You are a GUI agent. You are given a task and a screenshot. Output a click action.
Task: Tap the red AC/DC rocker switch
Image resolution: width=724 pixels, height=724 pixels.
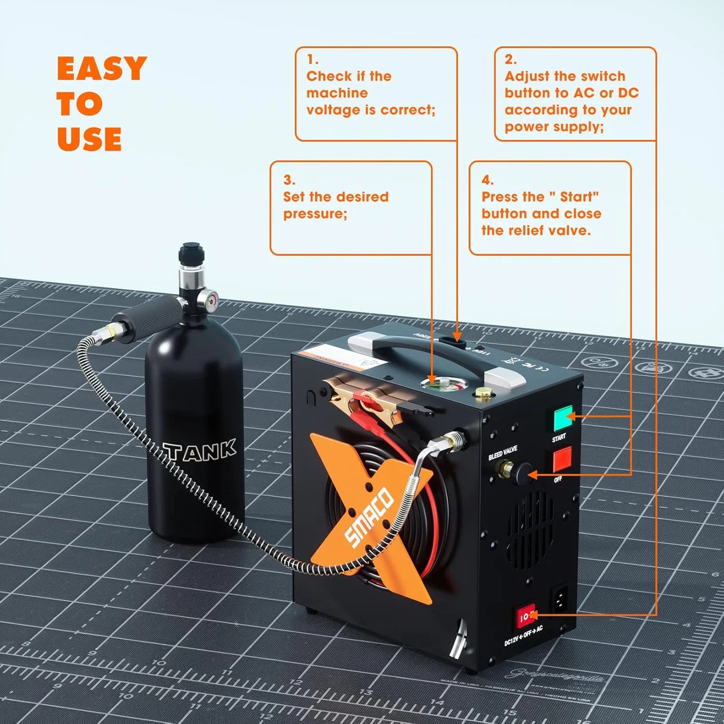(525, 617)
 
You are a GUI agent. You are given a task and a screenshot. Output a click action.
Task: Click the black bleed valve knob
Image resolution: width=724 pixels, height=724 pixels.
(523, 473)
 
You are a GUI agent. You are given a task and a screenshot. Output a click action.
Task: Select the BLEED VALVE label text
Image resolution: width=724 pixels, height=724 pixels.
(503, 453)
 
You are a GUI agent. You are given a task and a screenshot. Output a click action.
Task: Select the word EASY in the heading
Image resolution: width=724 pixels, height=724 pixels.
(102, 69)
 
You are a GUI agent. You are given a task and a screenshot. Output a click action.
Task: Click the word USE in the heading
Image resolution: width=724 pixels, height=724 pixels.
(89, 139)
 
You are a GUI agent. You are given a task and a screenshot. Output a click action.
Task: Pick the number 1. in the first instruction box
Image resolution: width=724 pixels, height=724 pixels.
(313, 60)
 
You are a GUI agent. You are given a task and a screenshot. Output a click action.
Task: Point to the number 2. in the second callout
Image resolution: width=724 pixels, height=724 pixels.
(511, 60)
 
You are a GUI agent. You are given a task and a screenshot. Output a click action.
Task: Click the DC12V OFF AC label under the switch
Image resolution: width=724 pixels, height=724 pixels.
(524, 636)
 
